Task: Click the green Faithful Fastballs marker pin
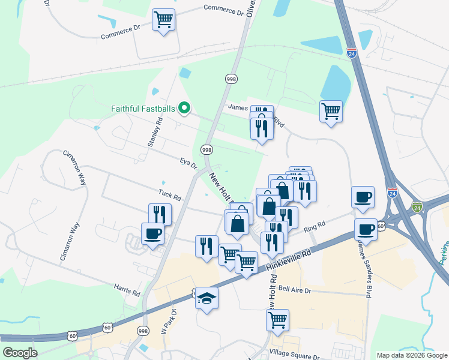point(185,109)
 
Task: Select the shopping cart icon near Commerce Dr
point(163,20)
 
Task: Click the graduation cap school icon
point(206,298)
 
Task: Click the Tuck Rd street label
point(170,194)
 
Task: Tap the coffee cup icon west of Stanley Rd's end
point(152,233)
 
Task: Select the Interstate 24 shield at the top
point(352,53)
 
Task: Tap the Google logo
point(20,352)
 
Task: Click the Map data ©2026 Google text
point(411,355)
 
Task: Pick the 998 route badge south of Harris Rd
point(143,331)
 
